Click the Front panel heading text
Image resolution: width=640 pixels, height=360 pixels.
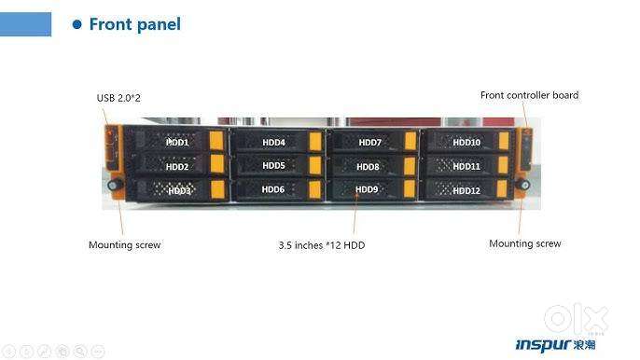pyautogui.click(x=134, y=24)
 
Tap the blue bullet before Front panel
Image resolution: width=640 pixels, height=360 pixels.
pyautogui.click(x=77, y=24)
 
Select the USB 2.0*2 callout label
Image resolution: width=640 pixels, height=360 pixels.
pyautogui.click(x=119, y=98)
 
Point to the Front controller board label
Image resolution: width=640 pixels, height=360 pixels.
pyautogui.click(x=529, y=95)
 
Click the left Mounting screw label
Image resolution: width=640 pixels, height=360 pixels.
pyautogui.click(x=124, y=245)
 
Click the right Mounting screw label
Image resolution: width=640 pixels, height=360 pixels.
pyautogui.click(x=524, y=243)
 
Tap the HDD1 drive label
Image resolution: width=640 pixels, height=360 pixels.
pyautogui.click(x=177, y=143)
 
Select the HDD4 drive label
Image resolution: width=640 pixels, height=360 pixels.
pyautogui.click(x=273, y=143)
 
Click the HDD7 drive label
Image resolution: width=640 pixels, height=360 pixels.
pyautogui.click(x=370, y=143)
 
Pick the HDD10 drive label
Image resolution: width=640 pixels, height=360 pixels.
pyautogui.click(x=466, y=143)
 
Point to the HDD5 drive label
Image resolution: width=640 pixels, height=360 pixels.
pyautogui.click(x=273, y=166)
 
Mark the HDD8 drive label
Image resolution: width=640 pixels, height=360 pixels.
pyautogui.click(x=369, y=167)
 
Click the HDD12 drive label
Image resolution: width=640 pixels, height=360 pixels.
pyautogui.click(x=466, y=190)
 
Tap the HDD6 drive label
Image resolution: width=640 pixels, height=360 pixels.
pyautogui.click(x=273, y=189)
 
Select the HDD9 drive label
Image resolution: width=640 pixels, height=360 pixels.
pyautogui.click(x=368, y=189)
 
